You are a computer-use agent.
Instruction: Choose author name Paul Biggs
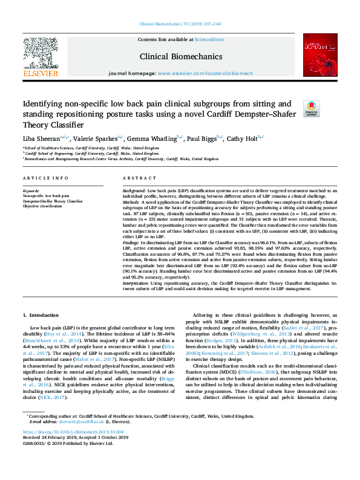(203, 138)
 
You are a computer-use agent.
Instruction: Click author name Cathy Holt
(242, 138)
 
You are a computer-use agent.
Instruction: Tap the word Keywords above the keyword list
(30, 190)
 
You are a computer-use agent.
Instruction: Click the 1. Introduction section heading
(41, 315)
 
